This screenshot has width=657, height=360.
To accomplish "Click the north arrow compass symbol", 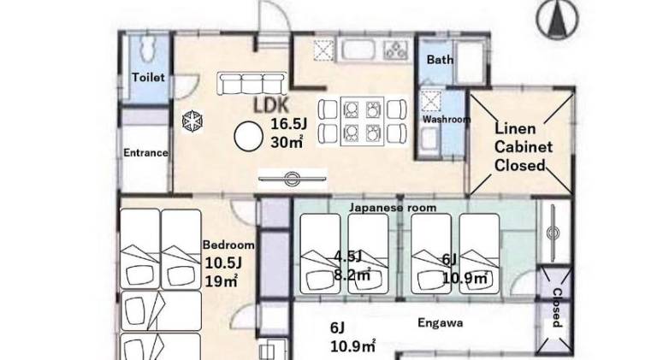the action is (557, 20).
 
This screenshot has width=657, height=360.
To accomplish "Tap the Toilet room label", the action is (148, 78).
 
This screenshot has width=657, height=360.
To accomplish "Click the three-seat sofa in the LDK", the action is (252, 83).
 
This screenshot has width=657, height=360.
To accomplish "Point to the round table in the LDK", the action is (248, 137).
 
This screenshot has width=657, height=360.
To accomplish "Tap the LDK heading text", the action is (271, 106).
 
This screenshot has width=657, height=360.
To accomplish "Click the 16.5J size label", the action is (288, 124).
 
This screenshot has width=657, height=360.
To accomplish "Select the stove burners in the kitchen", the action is (396, 50).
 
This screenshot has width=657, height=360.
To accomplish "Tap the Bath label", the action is (440, 60).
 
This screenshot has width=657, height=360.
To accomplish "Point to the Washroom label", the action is (447, 120).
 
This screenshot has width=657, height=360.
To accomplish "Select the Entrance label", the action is (145, 153).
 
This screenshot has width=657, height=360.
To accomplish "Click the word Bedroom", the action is (228, 245).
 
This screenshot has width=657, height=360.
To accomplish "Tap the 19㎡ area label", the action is (222, 280).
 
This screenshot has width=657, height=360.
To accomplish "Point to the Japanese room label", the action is (393, 208).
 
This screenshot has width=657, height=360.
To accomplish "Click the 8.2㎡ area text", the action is (352, 275).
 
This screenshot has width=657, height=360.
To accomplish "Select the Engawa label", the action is (441, 322).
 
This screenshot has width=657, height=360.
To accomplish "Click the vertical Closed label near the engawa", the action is (557, 308).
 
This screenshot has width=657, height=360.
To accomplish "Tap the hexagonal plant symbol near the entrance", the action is (192, 121).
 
